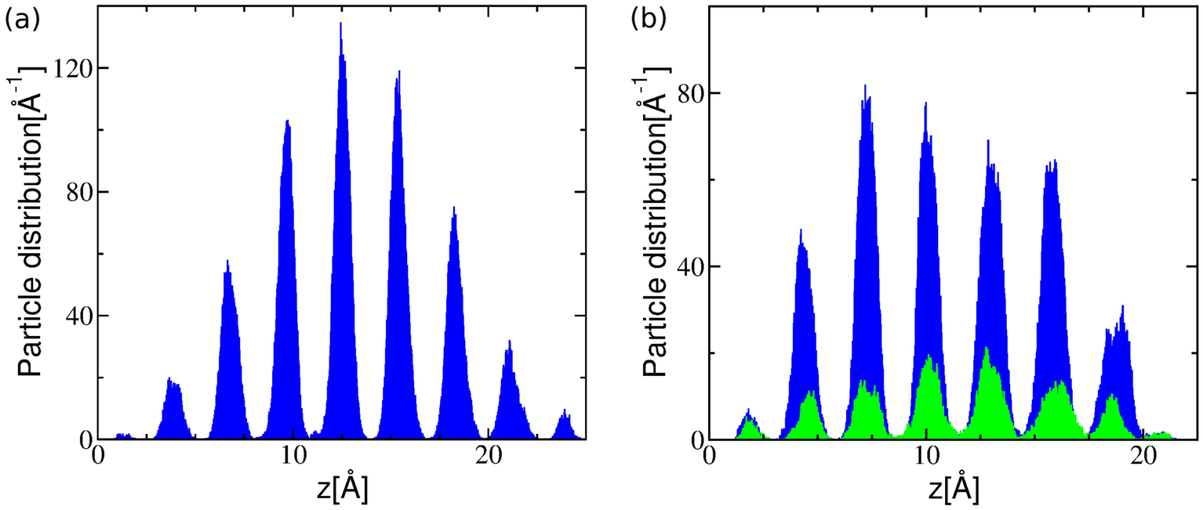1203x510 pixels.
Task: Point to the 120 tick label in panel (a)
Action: coord(69,68)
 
